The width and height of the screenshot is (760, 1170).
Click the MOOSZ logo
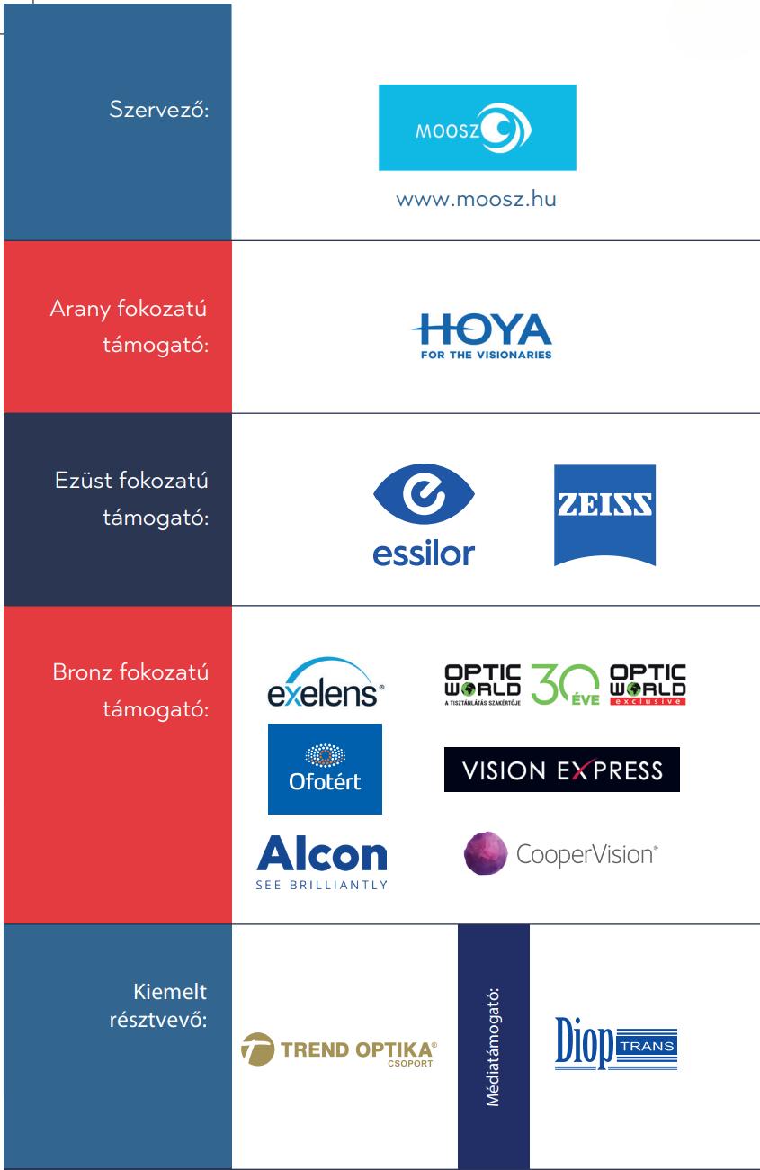pos(477,127)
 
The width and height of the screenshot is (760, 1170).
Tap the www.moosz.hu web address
pos(477,199)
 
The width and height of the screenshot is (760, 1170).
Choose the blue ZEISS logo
pos(604,514)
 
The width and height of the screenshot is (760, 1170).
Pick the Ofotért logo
pos(325,768)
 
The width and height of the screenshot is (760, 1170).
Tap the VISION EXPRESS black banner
pos(561,769)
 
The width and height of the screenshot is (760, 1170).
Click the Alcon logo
pos(322,859)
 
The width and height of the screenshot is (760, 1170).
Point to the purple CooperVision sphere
pos(486,853)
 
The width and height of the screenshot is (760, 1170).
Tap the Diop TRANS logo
pos(615,1046)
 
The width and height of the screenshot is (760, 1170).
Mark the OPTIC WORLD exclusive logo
pos(648,685)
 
